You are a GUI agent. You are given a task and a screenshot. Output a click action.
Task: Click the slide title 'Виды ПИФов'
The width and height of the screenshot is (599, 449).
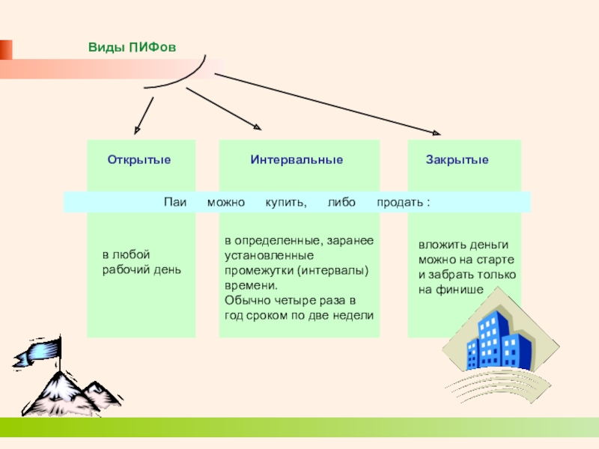(x=132, y=47)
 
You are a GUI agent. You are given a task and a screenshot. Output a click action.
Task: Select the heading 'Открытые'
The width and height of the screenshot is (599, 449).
(x=139, y=160)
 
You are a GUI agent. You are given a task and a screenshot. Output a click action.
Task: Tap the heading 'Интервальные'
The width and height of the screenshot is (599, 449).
(x=297, y=160)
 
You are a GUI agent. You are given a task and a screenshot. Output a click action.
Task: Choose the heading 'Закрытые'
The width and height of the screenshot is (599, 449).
(x=457, y=160)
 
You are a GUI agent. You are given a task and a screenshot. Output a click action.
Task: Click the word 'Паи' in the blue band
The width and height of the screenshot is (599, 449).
(x=175, y=203)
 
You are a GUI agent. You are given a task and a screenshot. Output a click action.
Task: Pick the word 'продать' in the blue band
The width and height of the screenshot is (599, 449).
(x=400, y=203)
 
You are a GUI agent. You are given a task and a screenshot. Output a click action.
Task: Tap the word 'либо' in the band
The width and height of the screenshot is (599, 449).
(x=341, y=203)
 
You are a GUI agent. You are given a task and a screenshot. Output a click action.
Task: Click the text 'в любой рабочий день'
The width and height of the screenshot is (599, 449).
(x=142, y=262)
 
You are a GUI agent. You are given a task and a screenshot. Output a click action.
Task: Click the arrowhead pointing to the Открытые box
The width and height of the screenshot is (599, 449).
(x=138, y=129)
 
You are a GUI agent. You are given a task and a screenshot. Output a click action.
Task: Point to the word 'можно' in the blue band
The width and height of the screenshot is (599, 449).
(x=221, y=203)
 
